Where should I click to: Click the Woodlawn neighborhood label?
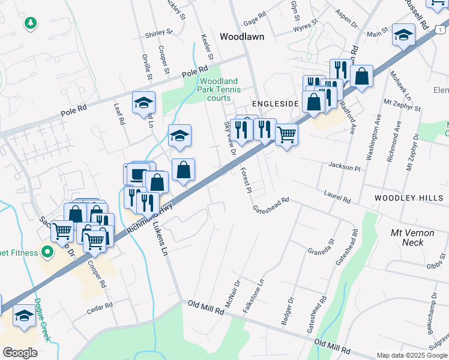[x=242, y=37]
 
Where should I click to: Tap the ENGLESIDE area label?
[x=275, y=104]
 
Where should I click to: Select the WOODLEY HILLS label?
[x=408, y=198]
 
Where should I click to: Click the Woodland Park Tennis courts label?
[x=218, y=89]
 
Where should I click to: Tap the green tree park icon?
[x=30, y=23]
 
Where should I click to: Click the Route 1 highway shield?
[x=441, y=29]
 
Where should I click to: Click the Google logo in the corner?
[x=20, y=353]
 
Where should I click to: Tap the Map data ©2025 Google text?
[x=411, y=355]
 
